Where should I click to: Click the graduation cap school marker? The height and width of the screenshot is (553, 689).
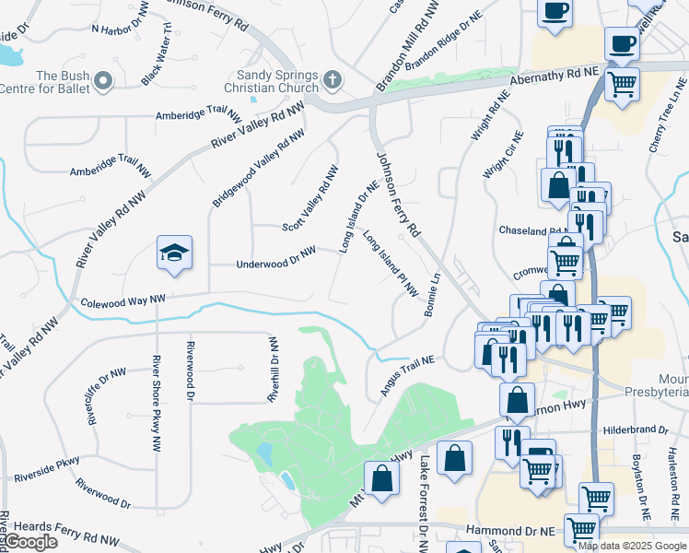pos(172,253)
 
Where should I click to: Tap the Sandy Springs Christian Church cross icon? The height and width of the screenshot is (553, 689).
pos(333,81)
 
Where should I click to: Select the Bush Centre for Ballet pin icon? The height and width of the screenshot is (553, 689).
pos(103,81)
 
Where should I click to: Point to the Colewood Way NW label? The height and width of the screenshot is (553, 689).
pos(123,300)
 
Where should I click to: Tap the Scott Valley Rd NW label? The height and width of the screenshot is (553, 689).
pos(311,198)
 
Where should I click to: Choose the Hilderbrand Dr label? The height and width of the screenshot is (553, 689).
pos(635,429)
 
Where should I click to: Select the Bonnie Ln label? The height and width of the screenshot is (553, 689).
pos(433,296)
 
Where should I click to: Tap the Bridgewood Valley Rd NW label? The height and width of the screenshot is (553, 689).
pos(258,166)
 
